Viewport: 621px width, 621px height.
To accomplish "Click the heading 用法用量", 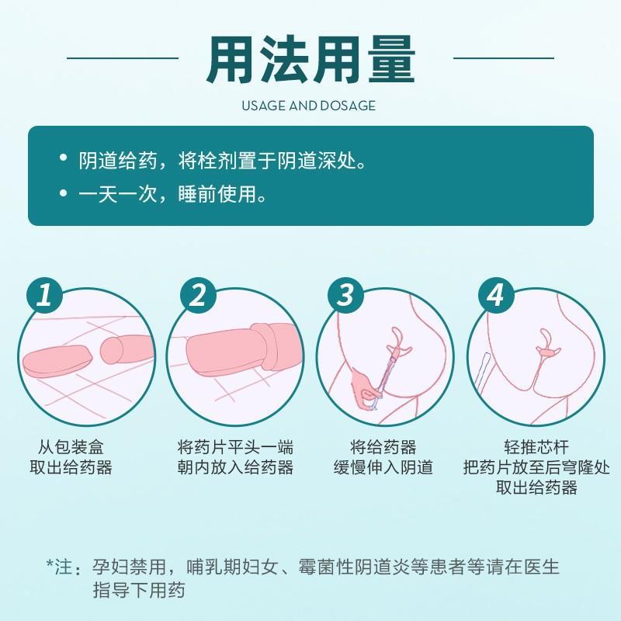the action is (x=311, y=60).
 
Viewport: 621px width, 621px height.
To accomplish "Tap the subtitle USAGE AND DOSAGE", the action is (x=308, y=106).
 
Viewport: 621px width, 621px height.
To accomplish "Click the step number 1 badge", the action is (x=44, y=296).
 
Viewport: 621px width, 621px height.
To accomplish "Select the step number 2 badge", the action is (x=198, y=296).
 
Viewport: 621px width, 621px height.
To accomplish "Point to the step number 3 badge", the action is (x=345, y=296).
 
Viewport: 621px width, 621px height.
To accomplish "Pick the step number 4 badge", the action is (x=496, y=296).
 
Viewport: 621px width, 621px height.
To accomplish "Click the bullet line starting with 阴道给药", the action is (x=223, y=161).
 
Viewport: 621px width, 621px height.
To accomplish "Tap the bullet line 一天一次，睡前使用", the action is (x=173, y=194).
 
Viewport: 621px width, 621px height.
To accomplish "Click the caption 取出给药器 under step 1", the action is (x=71, y=467).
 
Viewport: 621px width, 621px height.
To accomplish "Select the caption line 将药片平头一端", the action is (x=236, y=448).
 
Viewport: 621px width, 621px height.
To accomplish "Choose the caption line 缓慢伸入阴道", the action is (x=383, y=467).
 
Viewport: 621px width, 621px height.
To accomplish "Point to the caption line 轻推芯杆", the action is (x=536, y=448).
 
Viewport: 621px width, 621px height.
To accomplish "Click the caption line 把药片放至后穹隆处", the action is (x=536, y=467).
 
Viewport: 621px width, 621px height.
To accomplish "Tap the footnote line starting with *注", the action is (x=303, y=567).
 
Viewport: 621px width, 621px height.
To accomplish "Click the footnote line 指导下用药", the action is (x=139, y=590).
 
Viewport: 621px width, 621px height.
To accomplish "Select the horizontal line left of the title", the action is (x=123, y=58).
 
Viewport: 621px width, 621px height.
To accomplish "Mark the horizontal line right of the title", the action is (x=503, y=58).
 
